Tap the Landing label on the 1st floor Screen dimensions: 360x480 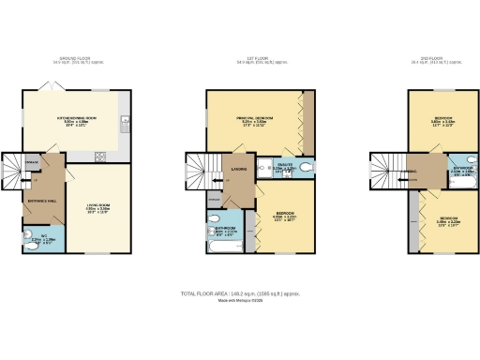coord(237,171)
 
